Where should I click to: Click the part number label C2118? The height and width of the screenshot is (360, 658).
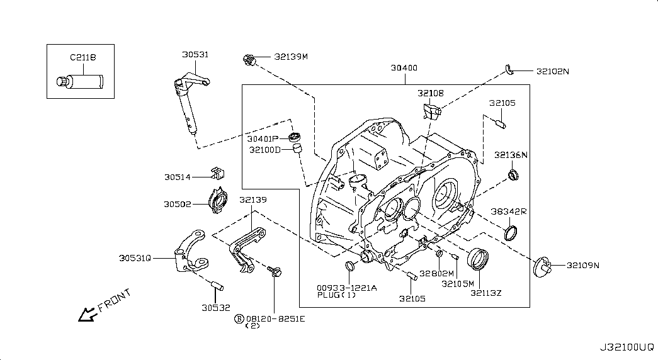tap(82, 57)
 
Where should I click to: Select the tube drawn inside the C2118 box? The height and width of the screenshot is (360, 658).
tap(80, 81)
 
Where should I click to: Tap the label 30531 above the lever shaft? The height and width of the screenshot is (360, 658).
tap(195, 55)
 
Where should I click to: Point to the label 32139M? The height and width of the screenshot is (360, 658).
tap(291, 57)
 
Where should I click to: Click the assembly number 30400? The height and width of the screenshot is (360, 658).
tap(404, 67)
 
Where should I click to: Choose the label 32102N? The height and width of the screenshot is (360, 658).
tap(553, 71)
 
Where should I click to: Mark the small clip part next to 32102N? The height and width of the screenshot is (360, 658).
tap(509, 70)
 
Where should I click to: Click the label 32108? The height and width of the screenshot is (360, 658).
tap(431, 93)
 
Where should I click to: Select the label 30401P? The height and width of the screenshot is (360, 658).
tap(263, 139)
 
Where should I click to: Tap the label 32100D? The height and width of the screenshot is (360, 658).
tap(265, 150)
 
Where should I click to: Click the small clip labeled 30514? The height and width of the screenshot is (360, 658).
tap(218, 172)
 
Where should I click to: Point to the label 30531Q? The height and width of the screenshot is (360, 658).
tap(135, 258)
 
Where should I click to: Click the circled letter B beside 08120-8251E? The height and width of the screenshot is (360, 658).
tap(239, 319)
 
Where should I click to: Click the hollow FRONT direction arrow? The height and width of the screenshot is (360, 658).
tap(87, 314)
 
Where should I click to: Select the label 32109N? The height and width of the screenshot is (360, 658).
tap(583, 265)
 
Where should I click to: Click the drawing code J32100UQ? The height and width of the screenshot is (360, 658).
tap(627, 347)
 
